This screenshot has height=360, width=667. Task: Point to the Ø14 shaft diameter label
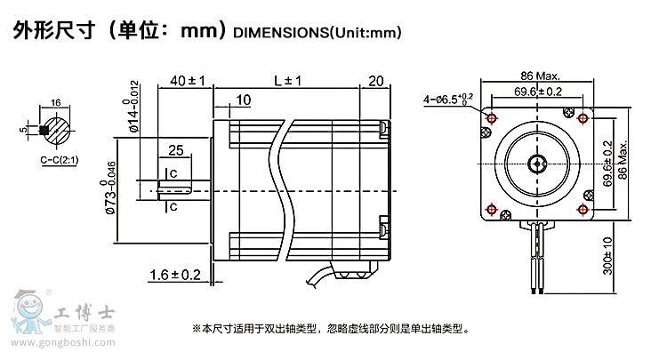coord(134,106)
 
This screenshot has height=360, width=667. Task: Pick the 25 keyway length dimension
coord(176,148)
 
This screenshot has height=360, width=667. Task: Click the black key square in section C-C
coord(44,131)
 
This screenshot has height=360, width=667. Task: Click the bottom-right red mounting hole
coord(583,209)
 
